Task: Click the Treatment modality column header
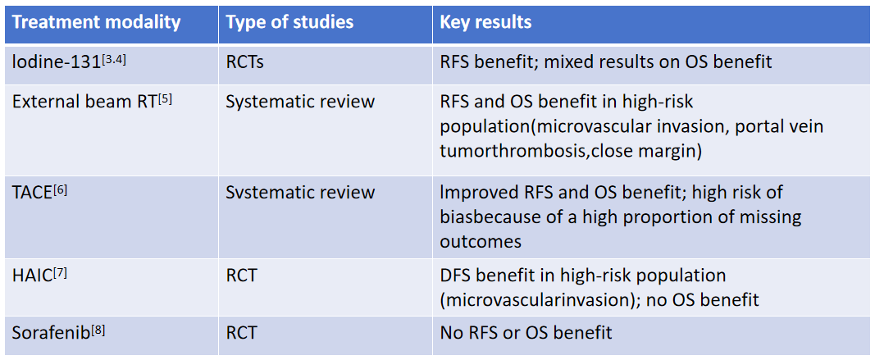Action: click(x=97, y=22)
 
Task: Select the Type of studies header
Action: click(x=289, y=22)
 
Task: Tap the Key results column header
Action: click(x=485, y=22)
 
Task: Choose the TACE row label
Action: click(x=31, y=193)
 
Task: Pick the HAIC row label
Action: click(x=31, y=276)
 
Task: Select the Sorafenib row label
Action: click(x=48, y=334)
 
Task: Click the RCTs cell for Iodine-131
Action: click(x=247, y=62)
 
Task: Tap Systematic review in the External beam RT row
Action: click(x=300, y=103)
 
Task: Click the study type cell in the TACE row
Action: click(x=300, y=193)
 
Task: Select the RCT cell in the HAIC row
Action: click(x=241, y=276)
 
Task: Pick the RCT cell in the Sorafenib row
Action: click(x=241, y=334)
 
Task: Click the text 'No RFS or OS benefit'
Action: click(x=526, y=334)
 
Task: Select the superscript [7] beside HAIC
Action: click(x=59, y=271)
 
